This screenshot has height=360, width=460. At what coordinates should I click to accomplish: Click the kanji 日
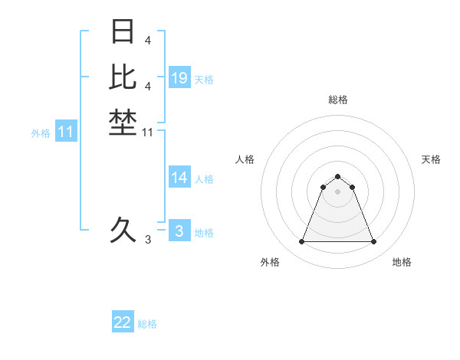pyautogui.click(x=123, y=32)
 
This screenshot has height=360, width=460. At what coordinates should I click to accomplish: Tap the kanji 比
pyautogui.click(x=123, y=77)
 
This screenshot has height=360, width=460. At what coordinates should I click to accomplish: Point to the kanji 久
pyautogui.click(x=123, y=229)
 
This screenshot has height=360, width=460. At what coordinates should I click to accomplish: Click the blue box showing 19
pyautogui.click(x=179, y=78)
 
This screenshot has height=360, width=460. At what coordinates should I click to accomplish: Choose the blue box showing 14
pyautogui.click(x=179, y=178)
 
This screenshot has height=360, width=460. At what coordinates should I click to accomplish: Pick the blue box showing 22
pyautogui.click(x=123, y=322)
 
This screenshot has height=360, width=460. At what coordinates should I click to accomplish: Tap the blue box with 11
pyautogui.click(x=66, y=132)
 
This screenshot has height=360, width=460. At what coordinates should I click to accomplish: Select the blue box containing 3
pyautogui.click(x=179, y=231)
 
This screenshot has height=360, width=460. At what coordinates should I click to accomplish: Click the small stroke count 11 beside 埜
pyautogui.click(x=148, y=133)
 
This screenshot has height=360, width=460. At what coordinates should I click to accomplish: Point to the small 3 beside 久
pyautogui.click(x=148, y=240)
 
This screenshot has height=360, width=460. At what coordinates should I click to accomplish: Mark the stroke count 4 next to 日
pyautogui.click(x=148, y=40)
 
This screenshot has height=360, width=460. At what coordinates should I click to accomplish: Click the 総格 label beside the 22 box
pyautogui.click(x=147, y=324)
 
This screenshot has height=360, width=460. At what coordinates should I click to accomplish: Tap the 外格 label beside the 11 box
pyautogui.click(x=41, y=133)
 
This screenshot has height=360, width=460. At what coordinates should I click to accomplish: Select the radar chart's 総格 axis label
pyautogui.click(x=338, y=100)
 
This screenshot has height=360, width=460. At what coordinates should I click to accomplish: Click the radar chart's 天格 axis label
pyautogui.click(x=431, y=159)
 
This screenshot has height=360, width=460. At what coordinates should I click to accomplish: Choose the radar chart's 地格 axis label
pyautogui.click(x=402, y=262)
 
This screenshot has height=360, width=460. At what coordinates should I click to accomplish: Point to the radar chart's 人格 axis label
pyautogui.click(x=245, y=159)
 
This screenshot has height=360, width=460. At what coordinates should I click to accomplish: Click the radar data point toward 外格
pyautogui.click(x=301, y=242)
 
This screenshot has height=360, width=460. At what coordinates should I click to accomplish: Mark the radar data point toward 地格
pyautogui.click(x=373, y=242)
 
